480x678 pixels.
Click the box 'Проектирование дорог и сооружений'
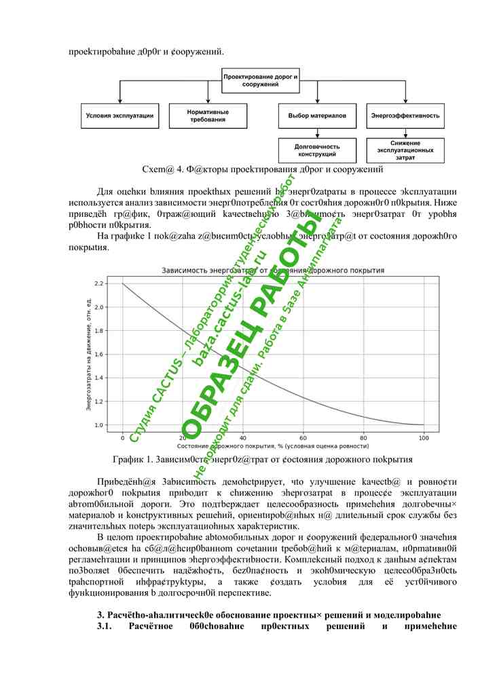coord(261,81)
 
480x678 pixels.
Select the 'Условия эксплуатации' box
coord(119,116)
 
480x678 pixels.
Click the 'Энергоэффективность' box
coord(405,116)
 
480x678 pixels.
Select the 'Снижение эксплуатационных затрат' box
coord(405,151)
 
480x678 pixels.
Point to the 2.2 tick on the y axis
coord(98,283)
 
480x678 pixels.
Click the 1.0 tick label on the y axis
coord(98,425)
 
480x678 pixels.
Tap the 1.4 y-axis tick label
coord(98,378)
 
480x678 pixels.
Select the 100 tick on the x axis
coord(424,438)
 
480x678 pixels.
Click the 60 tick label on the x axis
coord(303,438)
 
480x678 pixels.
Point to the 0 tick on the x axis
coord(122,438)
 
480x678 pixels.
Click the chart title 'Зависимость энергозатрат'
coord(272,271)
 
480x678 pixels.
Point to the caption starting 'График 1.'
coord(263,460)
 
